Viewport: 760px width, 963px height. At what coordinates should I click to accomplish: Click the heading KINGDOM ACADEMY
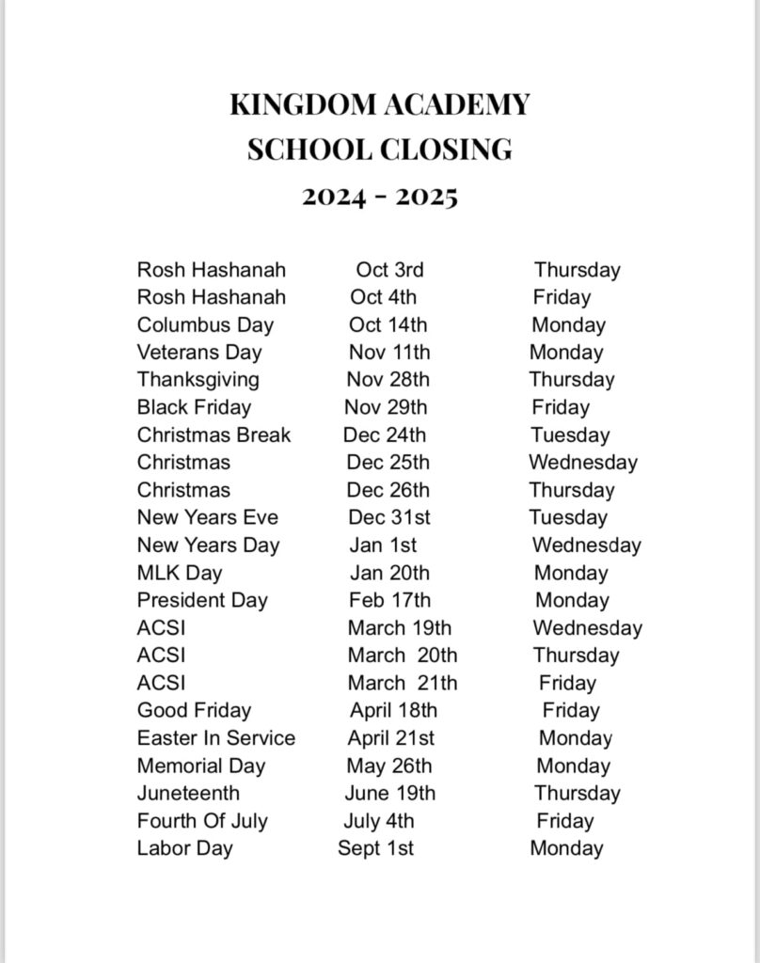380,104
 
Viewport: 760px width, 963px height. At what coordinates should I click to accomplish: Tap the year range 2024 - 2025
380,197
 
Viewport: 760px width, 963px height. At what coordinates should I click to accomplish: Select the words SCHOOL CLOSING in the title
380,150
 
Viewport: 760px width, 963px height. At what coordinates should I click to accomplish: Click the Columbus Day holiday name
205,325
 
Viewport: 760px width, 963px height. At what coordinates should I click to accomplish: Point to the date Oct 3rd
389,270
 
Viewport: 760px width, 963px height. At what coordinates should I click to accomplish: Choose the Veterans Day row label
199,353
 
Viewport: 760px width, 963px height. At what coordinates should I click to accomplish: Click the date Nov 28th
388,380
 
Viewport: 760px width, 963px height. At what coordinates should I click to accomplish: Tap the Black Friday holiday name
194,407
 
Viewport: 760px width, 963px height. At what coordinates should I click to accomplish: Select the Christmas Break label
214,435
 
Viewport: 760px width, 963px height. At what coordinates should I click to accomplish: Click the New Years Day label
208,545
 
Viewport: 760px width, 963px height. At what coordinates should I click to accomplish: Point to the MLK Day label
180,573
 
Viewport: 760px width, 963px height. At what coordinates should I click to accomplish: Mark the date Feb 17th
389,600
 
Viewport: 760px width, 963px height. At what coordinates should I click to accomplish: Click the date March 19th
399,627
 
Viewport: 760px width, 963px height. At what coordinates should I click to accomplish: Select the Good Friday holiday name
194,711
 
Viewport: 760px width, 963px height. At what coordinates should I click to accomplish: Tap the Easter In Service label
215,738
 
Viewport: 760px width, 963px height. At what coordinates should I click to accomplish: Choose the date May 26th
388,766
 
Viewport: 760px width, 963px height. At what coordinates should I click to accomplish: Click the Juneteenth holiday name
188,793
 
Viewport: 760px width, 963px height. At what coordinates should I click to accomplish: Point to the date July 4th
378,821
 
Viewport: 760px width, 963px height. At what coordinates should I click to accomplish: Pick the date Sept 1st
375,848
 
